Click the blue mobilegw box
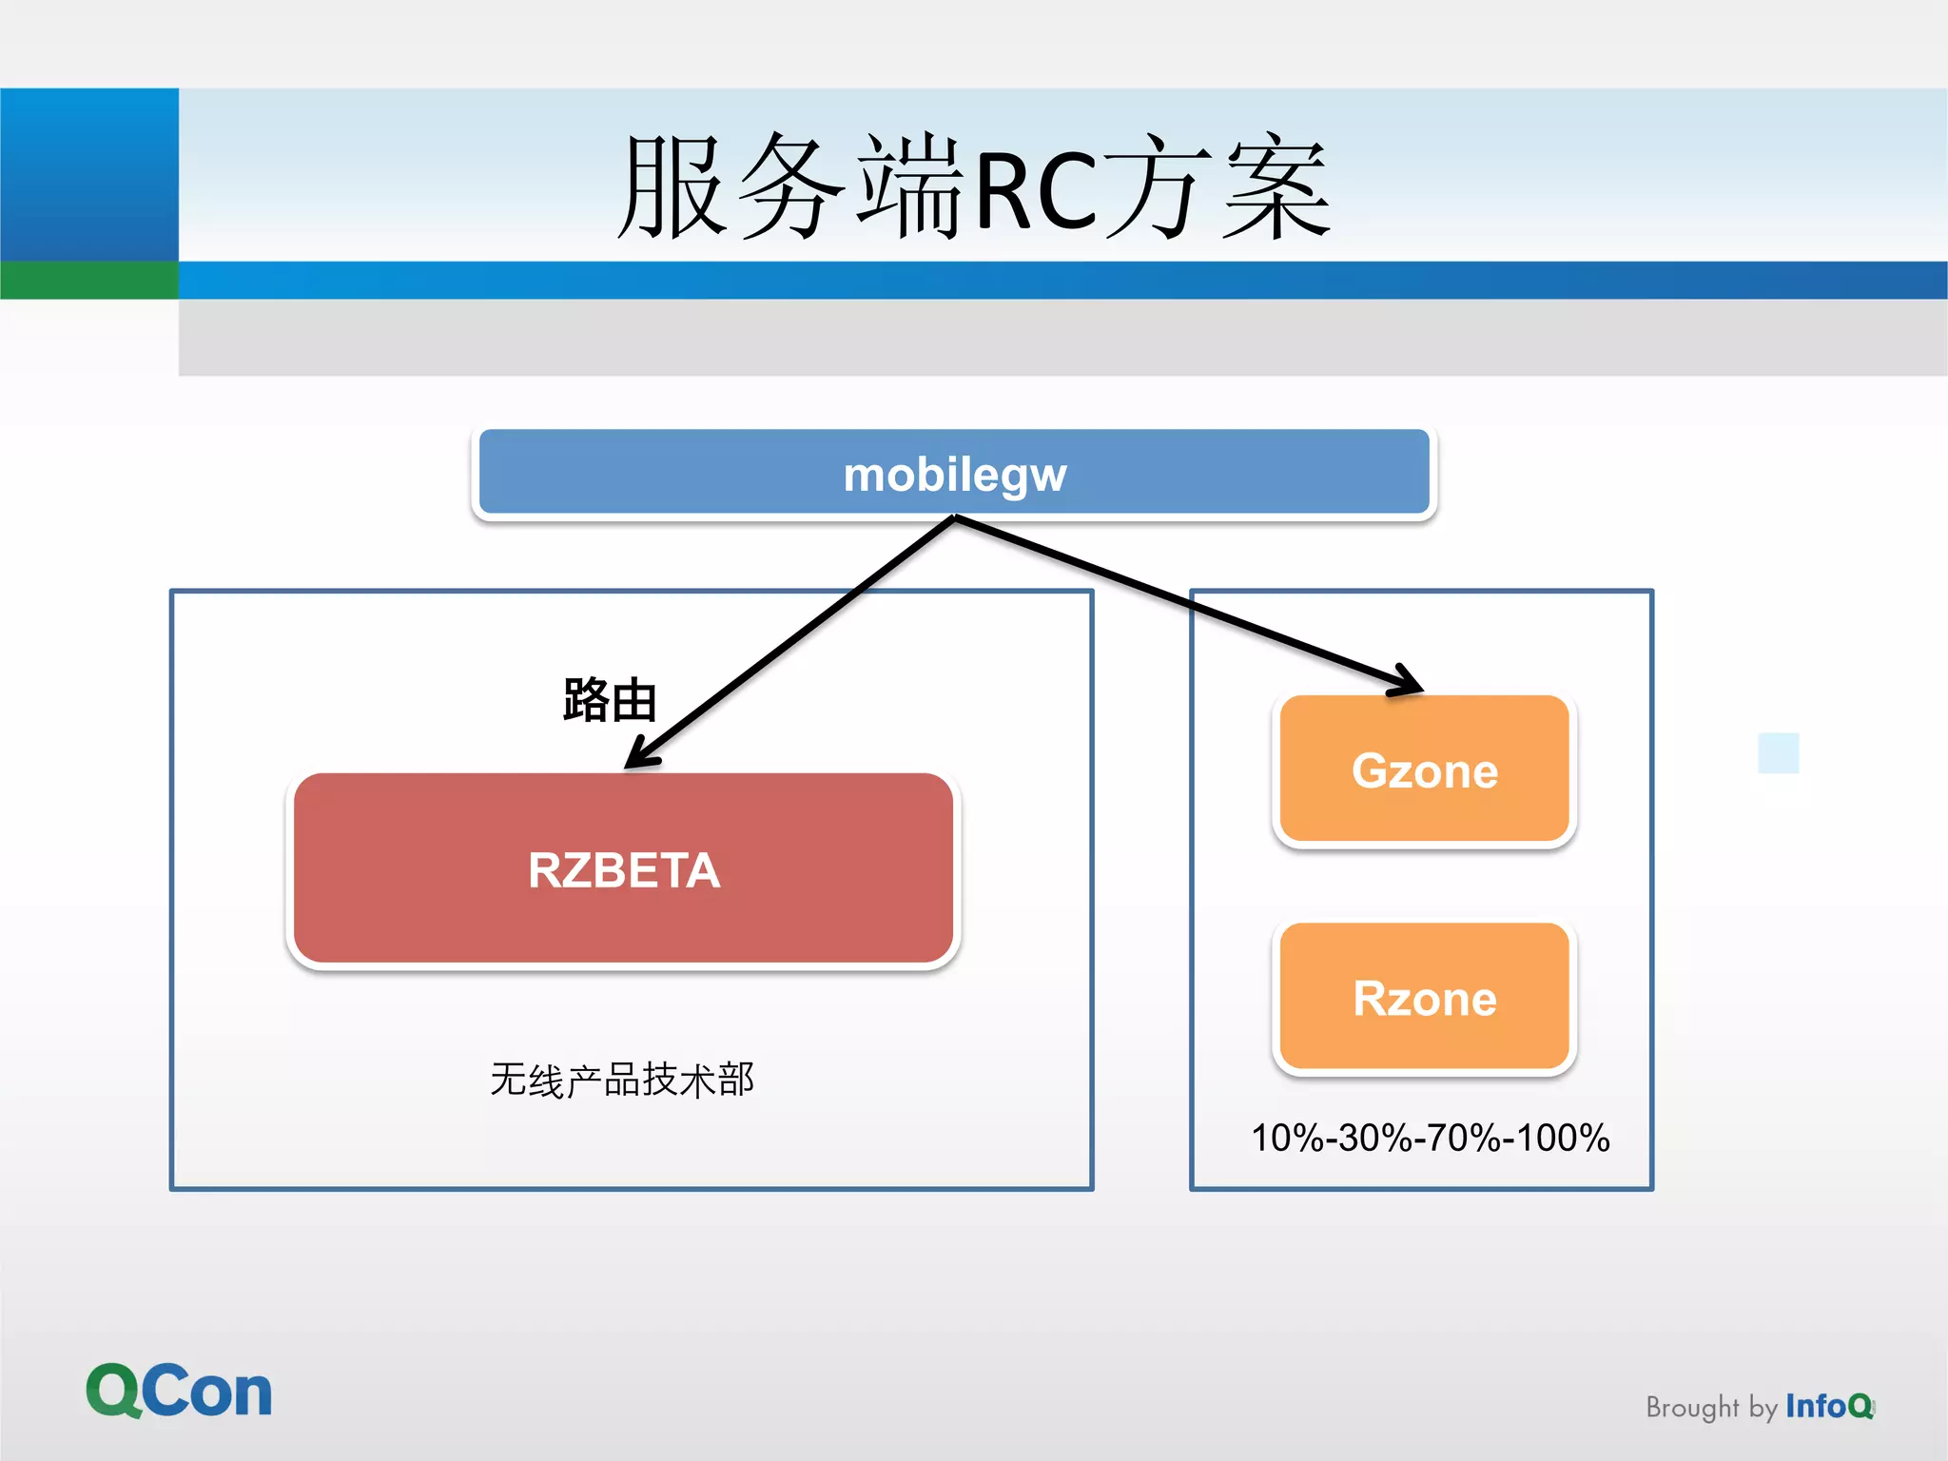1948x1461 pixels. (954, 473)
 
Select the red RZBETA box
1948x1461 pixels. (623, 869)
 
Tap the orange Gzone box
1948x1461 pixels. (1424, 769)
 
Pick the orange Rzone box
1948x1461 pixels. (1424, 998)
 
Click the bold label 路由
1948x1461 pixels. (609, 701)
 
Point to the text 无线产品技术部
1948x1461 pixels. (622, 1080)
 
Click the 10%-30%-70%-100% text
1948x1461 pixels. (1430, 1138)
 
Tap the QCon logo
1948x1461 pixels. (179, 1391)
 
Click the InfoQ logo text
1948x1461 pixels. (1828, 1406)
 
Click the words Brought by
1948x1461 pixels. (1710, 1407)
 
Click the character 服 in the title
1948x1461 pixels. (673, 187)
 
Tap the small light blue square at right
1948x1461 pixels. (1778, 752)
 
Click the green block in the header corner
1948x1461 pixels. (89, 281)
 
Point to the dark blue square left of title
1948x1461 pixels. (89, 174)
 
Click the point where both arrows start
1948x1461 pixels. (954, 517)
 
